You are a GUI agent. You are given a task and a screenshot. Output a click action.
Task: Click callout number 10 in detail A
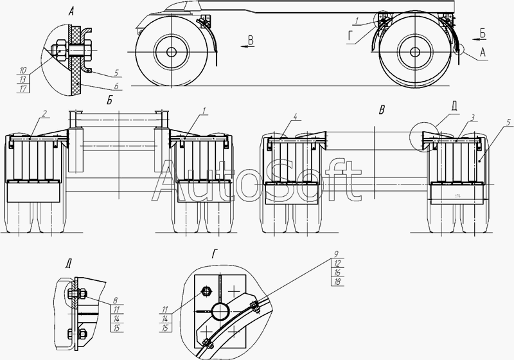[22, 71]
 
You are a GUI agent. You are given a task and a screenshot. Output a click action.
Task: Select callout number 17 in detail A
[22, 89]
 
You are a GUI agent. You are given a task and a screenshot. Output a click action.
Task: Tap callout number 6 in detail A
[116, 86]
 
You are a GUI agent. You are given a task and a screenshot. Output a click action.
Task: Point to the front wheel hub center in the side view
[171, 52]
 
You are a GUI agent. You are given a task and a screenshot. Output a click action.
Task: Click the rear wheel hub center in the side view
[414, 52]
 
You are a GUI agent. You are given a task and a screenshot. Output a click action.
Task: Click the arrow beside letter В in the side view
[247, 46]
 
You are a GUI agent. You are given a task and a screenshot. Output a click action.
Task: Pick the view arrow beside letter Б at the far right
[479, 39]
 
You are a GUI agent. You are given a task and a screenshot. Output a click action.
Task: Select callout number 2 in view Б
[44, 113]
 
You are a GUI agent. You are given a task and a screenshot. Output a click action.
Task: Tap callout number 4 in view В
[296, 116]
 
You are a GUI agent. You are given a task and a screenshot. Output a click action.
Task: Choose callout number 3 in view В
[472, 118]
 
